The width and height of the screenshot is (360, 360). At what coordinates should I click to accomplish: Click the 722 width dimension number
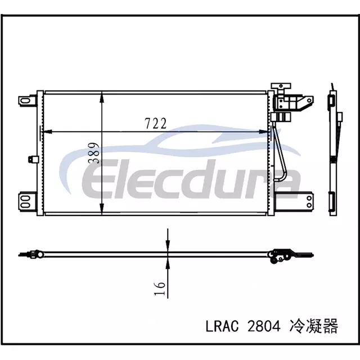pos(155,124)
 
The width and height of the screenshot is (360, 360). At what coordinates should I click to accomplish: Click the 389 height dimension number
pos(93,153)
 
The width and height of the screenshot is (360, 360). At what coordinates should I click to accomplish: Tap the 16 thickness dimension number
pos(160,289)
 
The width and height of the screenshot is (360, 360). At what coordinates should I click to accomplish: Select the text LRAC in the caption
pos(222,326)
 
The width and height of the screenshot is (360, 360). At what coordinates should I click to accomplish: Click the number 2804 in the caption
pos(264,326)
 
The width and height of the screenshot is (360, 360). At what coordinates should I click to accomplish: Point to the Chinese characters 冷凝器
pos(314,326)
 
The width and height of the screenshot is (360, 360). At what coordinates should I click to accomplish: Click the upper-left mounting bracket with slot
pos(28,101)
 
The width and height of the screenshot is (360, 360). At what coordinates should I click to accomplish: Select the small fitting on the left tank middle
pos(33,159)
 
